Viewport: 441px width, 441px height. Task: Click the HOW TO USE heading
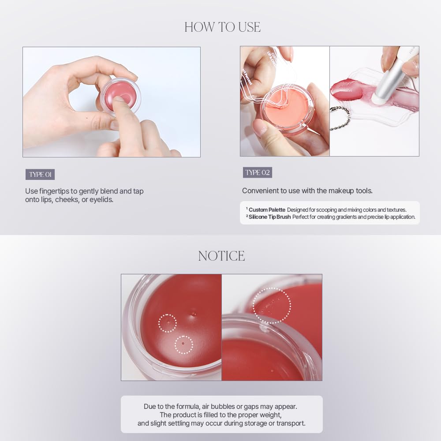(x=222, y=27)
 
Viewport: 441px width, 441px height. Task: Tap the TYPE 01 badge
(x=40, y=174)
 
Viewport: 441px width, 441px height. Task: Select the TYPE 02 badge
(x=257, y=172)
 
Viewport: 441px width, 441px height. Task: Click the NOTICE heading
(x=221, y=256)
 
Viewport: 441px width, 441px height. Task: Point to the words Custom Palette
(x=267, y=210)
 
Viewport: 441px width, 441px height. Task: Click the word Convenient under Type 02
(x=260, y=191)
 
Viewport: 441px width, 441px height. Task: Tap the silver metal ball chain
(x=340, y=118)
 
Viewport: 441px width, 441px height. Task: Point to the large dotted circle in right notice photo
(x=272, y=305)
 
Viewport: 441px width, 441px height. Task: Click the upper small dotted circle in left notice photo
(x=167, y=323)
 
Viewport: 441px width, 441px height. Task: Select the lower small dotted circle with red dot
(x=184, y=344)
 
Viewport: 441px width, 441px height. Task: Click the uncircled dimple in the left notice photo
(x=192, y=313)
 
